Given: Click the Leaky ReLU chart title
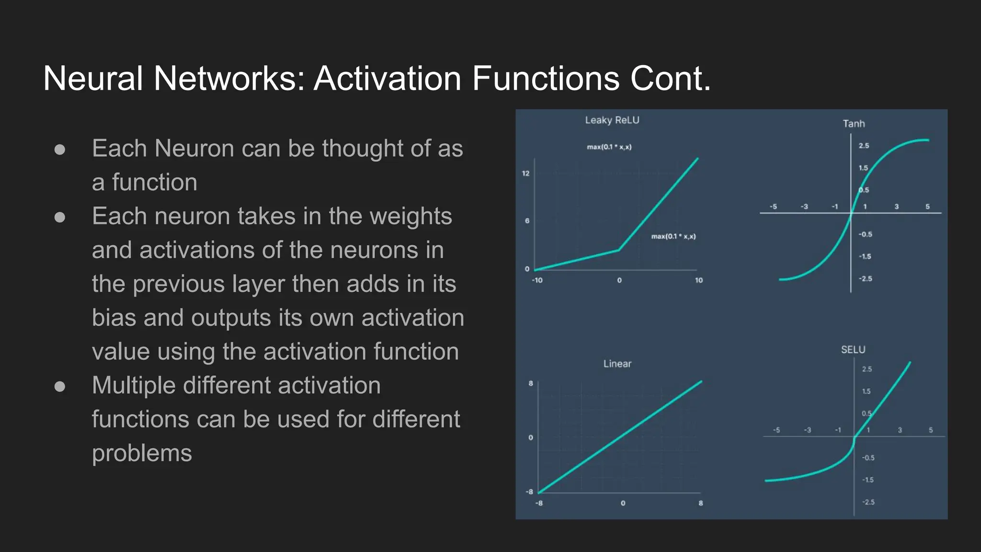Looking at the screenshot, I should click(612, 120).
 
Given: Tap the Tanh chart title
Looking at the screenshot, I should click(854, 124).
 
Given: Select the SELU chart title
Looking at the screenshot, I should click(853, 350).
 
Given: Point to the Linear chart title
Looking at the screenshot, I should click(617, 364).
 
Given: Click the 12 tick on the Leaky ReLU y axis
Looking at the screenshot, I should click(525, 173).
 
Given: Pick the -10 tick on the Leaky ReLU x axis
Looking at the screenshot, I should click(537, 280).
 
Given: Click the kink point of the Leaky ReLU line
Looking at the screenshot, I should click(619, 250).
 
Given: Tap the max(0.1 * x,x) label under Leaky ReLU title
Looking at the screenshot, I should click(609, 147).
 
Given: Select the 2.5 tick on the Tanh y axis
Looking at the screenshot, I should click(864, 146).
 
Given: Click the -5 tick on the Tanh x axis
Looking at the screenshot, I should click(773, 207).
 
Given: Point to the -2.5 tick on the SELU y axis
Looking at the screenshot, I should click(868, 502).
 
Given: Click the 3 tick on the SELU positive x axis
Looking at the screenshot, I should click(900, 430).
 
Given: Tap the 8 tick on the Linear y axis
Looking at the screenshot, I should click(531, 383).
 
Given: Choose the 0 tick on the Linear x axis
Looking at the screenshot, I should click(623, 503).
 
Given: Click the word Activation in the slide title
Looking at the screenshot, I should click(387, 78).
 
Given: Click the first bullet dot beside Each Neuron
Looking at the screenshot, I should click(60, 149).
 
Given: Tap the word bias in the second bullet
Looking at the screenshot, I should click(114, 318).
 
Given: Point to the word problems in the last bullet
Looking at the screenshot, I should click(142, 453).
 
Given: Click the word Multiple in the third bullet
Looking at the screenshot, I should click(134, 385).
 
